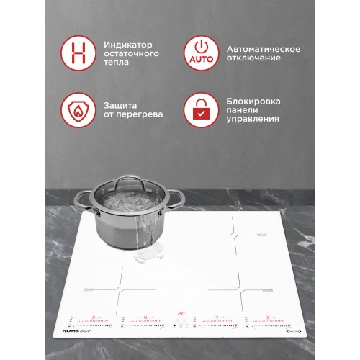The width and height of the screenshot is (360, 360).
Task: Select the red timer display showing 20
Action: pos(181,314)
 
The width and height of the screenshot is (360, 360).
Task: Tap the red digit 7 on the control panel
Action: pos(217,317)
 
